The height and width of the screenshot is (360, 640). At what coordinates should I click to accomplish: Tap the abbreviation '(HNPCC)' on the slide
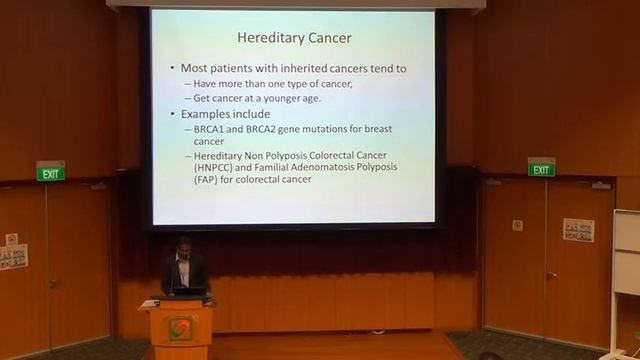[216, 167]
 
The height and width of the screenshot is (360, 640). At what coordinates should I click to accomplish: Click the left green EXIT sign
[50, 172]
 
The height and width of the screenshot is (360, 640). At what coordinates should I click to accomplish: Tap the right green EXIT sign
[541, 168]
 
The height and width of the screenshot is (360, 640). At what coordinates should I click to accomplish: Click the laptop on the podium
[188, 291]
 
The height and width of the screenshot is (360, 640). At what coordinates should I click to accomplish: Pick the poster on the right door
[578, 230]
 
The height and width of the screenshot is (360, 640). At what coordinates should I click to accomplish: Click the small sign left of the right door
[517, 225]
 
